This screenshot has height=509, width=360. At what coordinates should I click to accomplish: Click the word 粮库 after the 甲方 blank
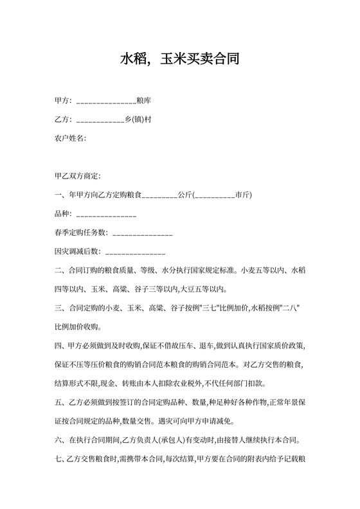click(x=143, y=100)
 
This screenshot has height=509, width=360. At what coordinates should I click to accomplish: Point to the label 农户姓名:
click(x=70, y=138)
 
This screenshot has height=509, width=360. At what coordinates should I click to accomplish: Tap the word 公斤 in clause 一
click(x=185, y=194)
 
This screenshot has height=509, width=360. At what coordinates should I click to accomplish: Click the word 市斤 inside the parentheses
click(x=243, y=194)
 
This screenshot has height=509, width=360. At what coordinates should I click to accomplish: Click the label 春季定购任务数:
click(x=82, y=232)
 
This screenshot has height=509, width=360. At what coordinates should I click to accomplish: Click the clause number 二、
click(x=61, y=270)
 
